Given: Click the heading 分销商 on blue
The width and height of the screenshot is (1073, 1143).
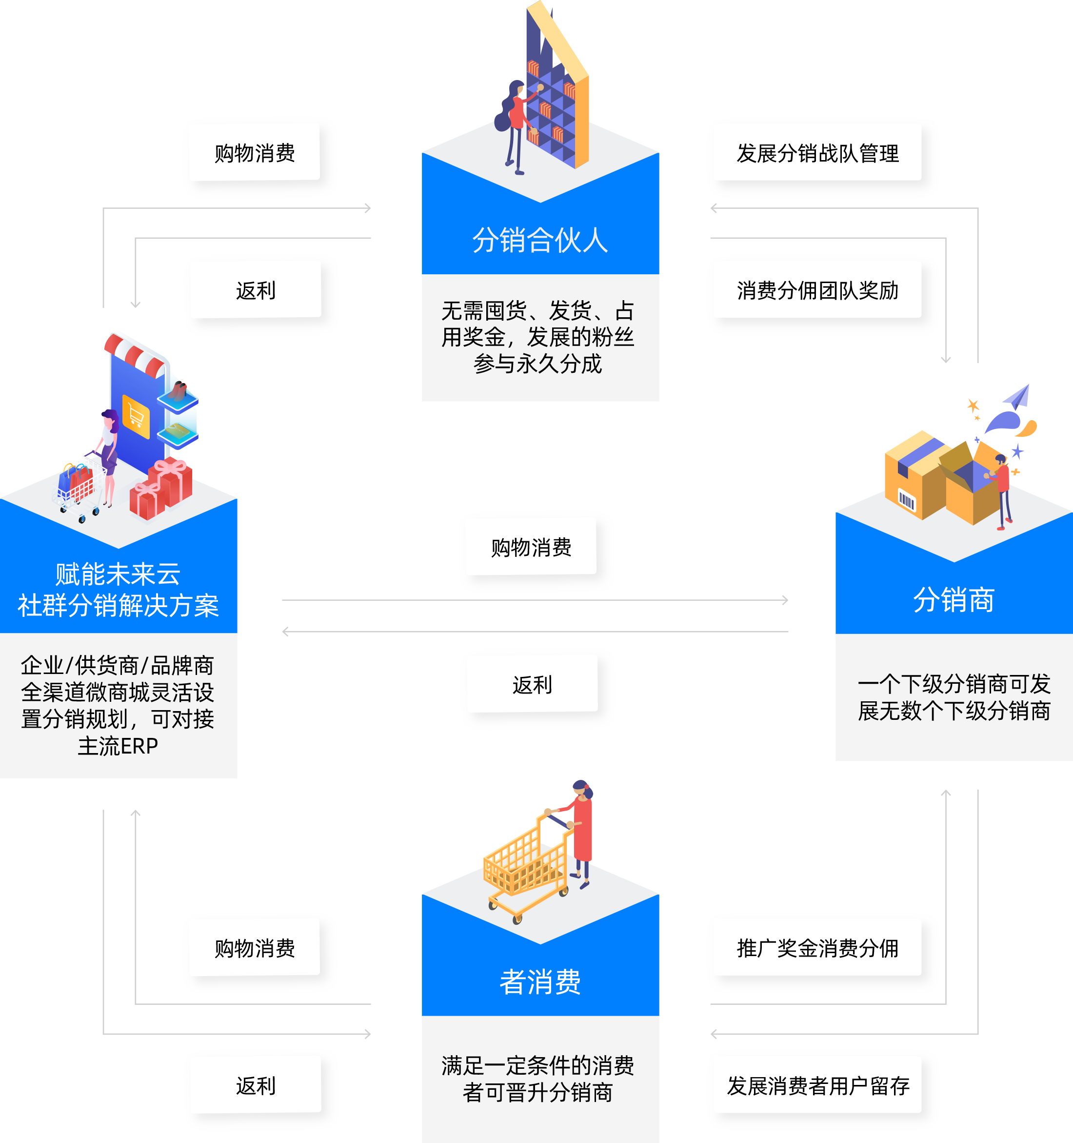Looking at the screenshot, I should [954, 600].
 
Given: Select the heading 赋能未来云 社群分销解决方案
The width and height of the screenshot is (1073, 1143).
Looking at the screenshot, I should [118, 590].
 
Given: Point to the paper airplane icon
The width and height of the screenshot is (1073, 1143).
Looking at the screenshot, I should [1017, 397].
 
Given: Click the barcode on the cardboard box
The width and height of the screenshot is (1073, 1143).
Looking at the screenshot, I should [906, 500].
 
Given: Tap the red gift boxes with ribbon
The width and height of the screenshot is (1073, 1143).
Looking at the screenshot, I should [161, 489].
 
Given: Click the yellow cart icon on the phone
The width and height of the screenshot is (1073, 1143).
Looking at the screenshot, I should [136, 414].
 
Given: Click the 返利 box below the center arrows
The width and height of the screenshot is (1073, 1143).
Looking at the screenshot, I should [532, 685].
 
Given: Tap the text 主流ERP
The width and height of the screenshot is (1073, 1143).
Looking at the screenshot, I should [118, 746].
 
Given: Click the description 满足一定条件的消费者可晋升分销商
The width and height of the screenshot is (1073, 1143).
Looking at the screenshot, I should [537, 1079].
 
